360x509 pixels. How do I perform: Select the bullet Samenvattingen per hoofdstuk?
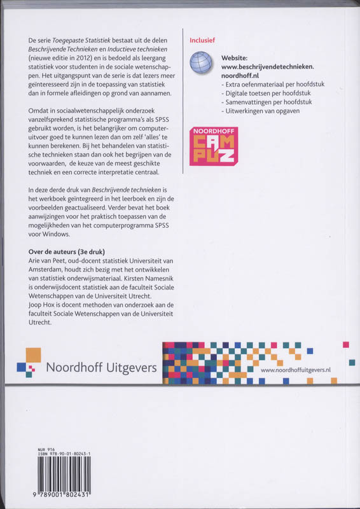click(259, 102)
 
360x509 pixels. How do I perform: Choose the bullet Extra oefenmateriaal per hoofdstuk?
click(263, 83)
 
